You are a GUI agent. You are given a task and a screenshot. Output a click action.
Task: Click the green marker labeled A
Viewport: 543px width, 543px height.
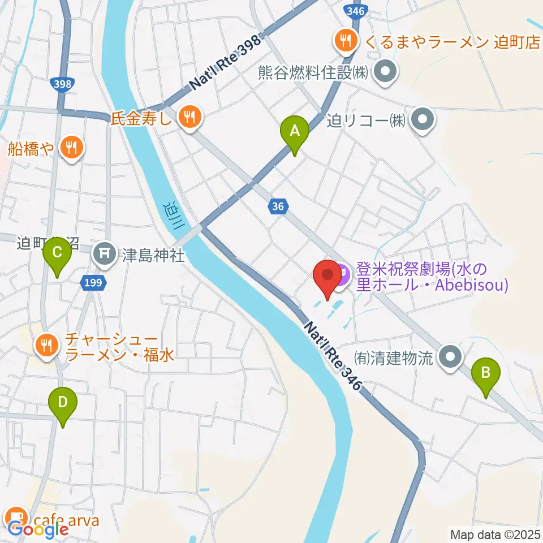(x=294, y=131)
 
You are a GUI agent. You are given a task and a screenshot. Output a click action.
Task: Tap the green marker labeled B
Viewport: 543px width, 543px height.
(x=486, y=373)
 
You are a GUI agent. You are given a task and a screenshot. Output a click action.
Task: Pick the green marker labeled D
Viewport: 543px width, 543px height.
(x=63, y=403)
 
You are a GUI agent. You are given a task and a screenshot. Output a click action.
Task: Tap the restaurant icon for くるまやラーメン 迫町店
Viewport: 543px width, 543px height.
(x=344, y=40)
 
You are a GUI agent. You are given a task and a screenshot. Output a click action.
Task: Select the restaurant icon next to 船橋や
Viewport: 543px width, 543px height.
(x=71, y=148)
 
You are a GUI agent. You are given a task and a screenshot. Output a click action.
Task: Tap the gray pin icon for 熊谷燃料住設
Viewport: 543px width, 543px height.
(x=387, y=72)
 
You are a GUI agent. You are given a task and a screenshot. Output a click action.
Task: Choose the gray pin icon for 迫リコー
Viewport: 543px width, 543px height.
(x=422, y=120)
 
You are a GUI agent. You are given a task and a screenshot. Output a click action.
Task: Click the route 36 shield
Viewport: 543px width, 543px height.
(x=278, y=207)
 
